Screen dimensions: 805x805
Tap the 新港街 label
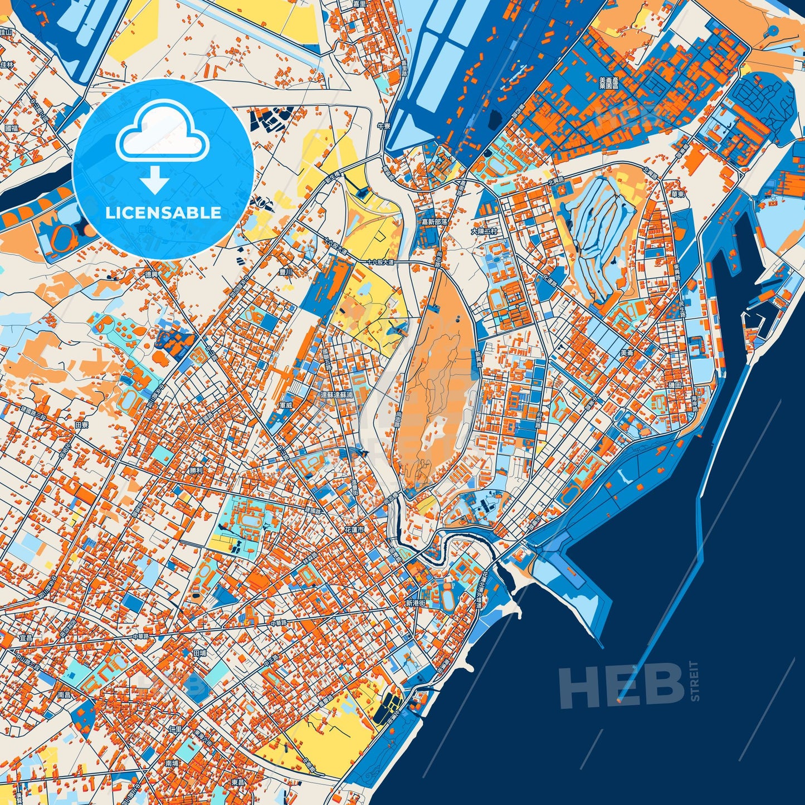click(x=416, y=603)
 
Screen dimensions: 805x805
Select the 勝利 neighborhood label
click(x=196, y=470)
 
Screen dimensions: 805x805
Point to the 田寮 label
click(x=82, y=425)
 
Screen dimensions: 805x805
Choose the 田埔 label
click(x=199, y=652)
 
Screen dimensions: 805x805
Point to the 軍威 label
click(x=286, y=405)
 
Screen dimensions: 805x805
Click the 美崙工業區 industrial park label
click(x=609, y=84)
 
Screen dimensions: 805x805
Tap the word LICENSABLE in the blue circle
click(x=163, y=213)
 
